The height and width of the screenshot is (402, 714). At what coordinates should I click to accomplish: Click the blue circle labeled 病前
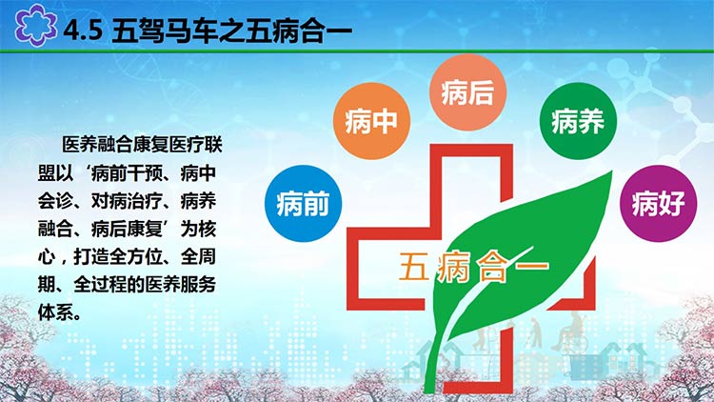[x=303, y=203]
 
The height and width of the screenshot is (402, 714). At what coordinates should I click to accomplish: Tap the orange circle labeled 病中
[x=371, y=121]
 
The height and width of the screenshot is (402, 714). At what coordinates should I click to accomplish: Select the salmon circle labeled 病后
[x=467, y=92]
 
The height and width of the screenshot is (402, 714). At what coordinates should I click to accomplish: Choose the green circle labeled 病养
[x=578, y=121]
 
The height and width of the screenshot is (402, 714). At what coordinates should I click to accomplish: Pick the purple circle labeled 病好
[x=659, y=203]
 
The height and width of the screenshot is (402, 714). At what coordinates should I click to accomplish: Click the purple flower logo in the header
[x=35, y=25]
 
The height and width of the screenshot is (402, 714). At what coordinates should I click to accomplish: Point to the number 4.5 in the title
[x=83, y=30]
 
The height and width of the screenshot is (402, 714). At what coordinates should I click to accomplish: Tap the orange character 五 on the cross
[x=414, y=266]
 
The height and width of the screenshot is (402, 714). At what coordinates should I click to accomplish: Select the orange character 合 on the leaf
[x=492, y=266]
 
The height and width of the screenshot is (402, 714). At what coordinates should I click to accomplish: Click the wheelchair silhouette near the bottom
[x=569, y=332]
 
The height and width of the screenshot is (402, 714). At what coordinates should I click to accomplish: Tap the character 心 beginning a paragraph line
[x=47, y=256]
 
